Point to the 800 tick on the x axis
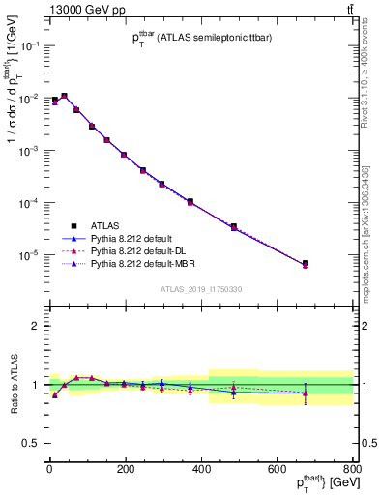(352, 468)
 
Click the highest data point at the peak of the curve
(64, 96)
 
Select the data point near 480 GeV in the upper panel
(234, 227)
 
